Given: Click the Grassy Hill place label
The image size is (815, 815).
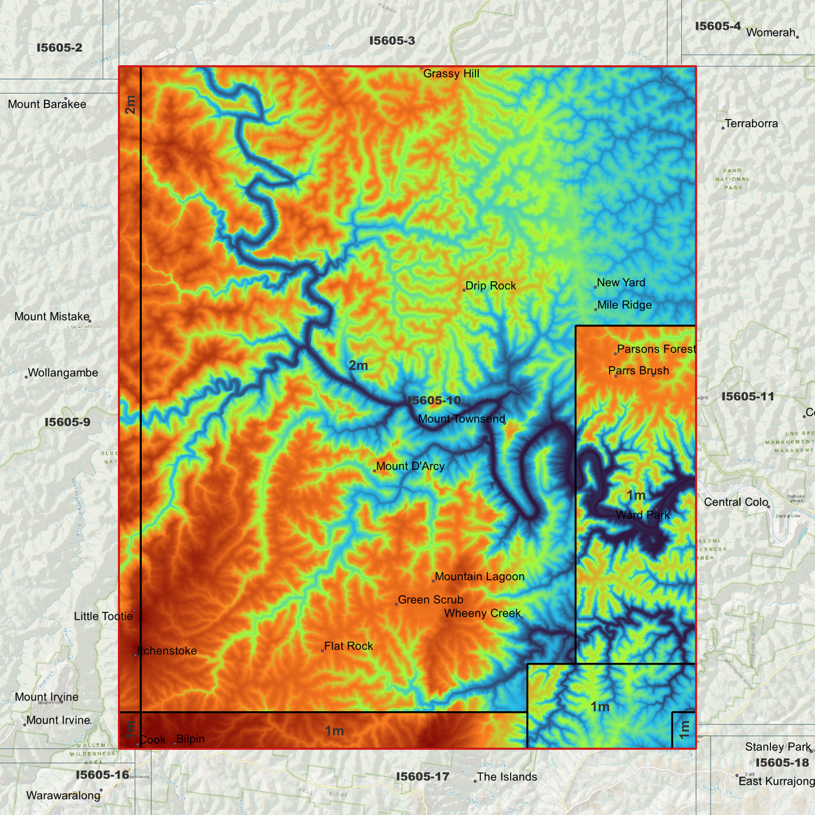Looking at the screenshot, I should coord(451,74).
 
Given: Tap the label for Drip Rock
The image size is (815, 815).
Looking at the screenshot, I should coord(491,286).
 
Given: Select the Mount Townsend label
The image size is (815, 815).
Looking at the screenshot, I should coord(461,419).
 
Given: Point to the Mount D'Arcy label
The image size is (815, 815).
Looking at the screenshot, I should coord(410,466).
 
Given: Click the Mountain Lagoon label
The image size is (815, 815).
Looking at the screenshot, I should coord(479,577).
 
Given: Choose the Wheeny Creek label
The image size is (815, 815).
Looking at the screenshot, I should coord(482,614).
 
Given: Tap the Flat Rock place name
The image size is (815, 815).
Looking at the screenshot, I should coord(349,646).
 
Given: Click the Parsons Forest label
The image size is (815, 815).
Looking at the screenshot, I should coord(656,350).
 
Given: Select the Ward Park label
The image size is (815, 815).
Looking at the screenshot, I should coord(643,515).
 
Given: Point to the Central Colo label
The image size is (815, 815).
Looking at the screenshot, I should coord(736,503).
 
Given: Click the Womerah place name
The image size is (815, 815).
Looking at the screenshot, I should coord(770,33).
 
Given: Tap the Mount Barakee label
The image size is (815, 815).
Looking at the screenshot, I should coord(47,104).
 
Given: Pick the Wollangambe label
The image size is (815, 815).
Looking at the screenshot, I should coord(63,373).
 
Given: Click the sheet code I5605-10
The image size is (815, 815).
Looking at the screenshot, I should coord(434,401).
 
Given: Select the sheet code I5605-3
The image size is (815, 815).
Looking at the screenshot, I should coord(392,41).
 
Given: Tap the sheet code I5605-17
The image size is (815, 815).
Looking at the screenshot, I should coord(422,777).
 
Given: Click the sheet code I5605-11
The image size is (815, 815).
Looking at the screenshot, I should coord(748,397).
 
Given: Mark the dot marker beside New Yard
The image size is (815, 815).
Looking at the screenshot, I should coord(596,287).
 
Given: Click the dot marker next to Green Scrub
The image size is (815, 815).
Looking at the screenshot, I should coord(397,605).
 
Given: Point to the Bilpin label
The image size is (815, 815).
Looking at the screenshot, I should coord(190,739).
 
